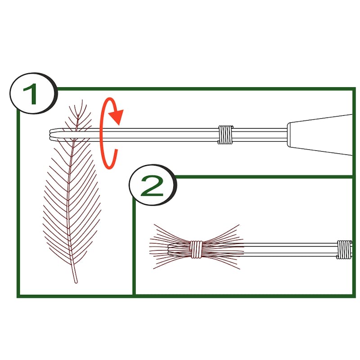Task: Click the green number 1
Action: (x=31, y=94)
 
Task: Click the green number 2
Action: (x=152, y=186)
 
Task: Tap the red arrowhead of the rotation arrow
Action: (x=117, y=117)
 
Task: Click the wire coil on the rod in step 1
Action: (x=225, y=135)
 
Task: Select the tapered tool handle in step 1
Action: (x=320, y=135)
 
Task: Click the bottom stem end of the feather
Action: (x=76, y=282)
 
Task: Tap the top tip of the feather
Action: (x=82, y=101)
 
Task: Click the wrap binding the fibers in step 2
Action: (x=196, y=249)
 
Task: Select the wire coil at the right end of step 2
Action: (x=344, y=250)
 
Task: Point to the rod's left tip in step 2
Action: (x=169, y=250)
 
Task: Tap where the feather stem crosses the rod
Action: (x=75, y=134)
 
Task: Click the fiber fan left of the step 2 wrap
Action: (x=170, y=247)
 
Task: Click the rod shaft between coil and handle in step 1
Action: (x=260, y=135)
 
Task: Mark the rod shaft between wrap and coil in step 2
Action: (x=290, y=250)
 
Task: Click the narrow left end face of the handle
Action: (x=289, y=135)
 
